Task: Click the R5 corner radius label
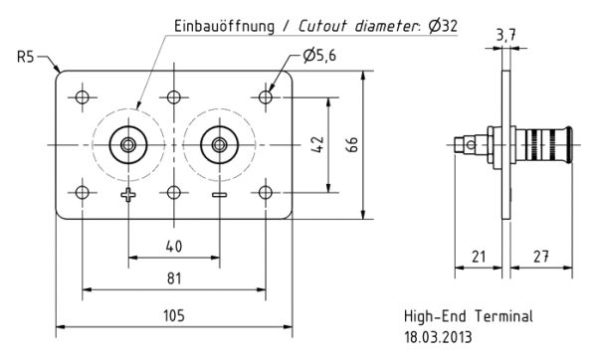pos(26,57)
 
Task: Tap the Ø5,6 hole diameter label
pos(319,56)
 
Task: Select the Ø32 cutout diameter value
pos(443,26)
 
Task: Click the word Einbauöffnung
pos(224,26)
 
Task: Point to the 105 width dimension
pos(174,315)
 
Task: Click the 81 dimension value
pos(174,278)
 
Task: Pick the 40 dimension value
pos(174,247)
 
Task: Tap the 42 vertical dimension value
pos(317,144)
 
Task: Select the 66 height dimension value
pos(352,144)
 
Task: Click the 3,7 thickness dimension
pos(506,36)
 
